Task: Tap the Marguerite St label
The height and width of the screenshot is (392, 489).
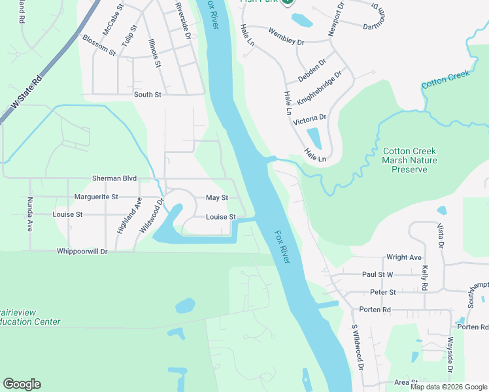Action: pyautogui.click(x=96, y=197)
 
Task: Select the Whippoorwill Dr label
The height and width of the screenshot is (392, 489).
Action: pyautogui.click(x=82, y=251)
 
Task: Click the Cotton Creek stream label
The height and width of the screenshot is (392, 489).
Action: pyautogui.click(x=446, y=80)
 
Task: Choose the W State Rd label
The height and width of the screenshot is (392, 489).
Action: pyautogui.click(x=25, y=98)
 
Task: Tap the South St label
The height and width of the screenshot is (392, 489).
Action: pyautogui.click(x=147, y=95)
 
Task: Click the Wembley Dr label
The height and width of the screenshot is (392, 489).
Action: pyautogui.click(x=286, y=37)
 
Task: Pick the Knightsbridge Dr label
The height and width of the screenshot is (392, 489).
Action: pyautogui.click(x=320, y=88)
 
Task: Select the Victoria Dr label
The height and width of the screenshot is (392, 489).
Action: pyautogui.click(x=309, y=120)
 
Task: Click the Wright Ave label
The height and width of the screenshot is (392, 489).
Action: pyautogui.click(x=404, y=257)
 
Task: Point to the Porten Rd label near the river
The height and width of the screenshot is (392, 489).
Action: pyautogui.click(x=376, y=309)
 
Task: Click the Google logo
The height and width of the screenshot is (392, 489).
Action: pyautogui.click(x=22, y=384)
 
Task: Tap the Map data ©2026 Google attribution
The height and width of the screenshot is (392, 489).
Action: pyautogui.click(x=448, y=387)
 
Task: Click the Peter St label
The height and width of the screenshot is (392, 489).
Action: pyautogui.click(x=383, y=292)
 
